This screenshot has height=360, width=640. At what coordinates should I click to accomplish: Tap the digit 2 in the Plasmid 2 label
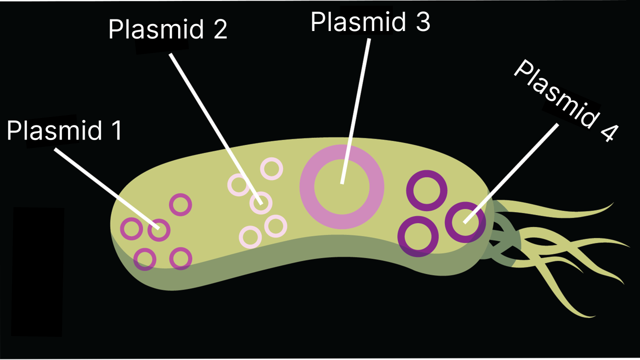(219, 30)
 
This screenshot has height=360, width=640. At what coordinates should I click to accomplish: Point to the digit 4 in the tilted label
(607, 132)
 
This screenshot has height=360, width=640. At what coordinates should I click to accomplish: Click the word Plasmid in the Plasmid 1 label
(54, 131)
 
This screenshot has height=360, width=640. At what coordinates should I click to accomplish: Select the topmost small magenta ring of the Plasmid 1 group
(180, 204)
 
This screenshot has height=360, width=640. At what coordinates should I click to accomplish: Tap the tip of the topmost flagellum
(612, 203)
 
